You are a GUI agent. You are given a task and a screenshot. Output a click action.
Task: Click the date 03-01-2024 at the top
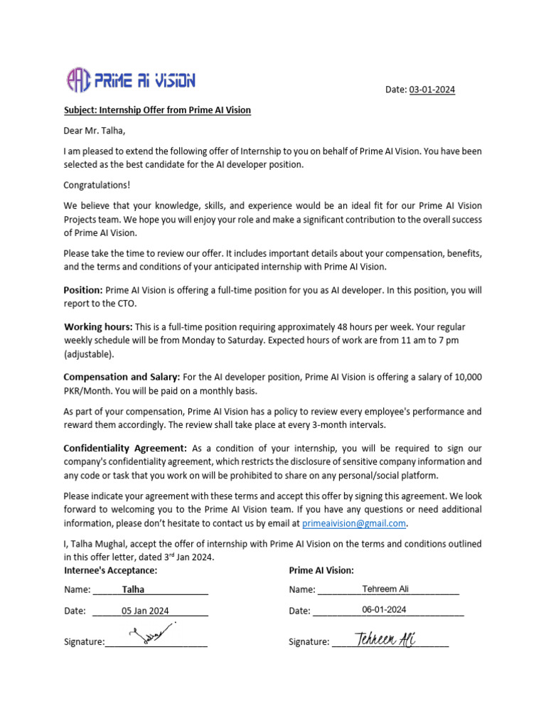pos(432,90)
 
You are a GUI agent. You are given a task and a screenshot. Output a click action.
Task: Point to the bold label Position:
pos(83,290)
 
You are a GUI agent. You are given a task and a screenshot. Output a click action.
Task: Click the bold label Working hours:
pos(98,326)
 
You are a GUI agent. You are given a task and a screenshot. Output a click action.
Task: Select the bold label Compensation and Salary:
pos(122,376)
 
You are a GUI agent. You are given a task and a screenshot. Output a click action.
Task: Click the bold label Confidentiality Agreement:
pos(125,449)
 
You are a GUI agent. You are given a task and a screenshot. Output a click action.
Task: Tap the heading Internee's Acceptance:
pos(110,570)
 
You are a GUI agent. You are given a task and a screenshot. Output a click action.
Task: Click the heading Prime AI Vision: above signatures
pos(321,570)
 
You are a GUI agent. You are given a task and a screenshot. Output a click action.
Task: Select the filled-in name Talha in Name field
pos(133,589)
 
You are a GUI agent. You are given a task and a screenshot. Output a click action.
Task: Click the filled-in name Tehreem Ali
pos(385,589)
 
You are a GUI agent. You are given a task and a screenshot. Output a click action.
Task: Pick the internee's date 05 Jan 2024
pos(145,610)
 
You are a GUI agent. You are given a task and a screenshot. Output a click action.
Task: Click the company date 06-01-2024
pos(384,609)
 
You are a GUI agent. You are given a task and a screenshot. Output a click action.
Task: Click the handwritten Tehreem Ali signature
pos(385,638)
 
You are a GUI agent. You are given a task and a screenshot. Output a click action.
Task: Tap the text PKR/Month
pos(86,390)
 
